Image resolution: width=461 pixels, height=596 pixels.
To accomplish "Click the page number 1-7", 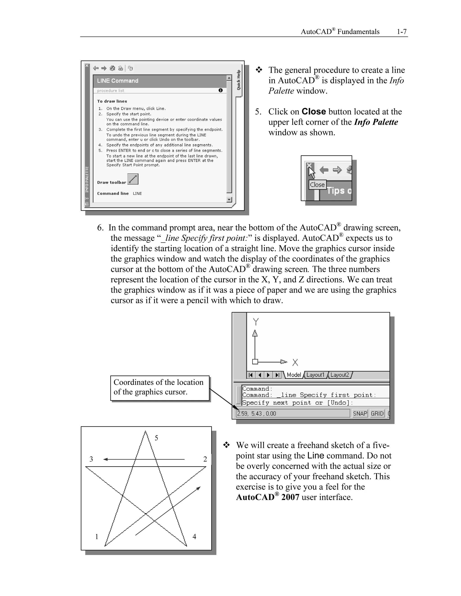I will [x=402, y=32].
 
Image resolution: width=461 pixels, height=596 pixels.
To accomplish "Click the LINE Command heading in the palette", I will [x=118, y=81].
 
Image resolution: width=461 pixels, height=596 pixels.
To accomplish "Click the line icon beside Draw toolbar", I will [x=133, y=179].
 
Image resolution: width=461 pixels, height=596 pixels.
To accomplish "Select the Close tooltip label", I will [x=317, y=185].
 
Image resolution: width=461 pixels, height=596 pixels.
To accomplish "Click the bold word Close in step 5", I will [x=314, y=112].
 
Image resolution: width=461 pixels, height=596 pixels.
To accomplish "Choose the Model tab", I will [x=294, y=375].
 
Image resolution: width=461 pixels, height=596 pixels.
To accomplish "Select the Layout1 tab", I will [x=315, y=375].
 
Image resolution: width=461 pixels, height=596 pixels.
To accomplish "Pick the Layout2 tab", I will [x=339, y=375].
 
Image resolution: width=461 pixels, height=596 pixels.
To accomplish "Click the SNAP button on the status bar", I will [x=360, y=413].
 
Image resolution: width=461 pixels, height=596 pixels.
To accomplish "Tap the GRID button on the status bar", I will [x=377, y=413].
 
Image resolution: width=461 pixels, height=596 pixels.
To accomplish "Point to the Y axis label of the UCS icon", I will [x=256, y=322].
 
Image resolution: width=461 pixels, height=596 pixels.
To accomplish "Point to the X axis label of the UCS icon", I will [x=295, y=362].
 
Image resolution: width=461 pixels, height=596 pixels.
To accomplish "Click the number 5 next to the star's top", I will [x=156, y=438].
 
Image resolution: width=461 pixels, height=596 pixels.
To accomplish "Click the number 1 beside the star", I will [x=96, y=537].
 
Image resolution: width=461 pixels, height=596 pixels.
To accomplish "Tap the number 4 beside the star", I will [x=194, y=537].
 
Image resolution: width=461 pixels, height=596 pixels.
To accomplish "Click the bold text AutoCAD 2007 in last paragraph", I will [x=267, y=497].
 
